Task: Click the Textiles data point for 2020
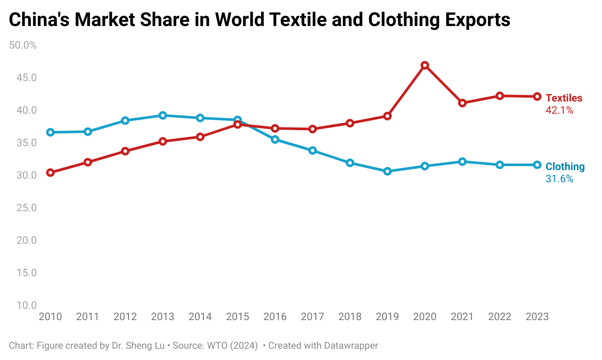(x=425, y=65)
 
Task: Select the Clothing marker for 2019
(x=387, y=171)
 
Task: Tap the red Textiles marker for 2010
(x=50, y=173)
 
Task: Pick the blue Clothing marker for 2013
(x=163, y=115)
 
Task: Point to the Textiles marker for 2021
(x=462, y=103)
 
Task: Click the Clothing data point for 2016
(x=275, y=139)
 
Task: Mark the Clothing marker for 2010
(x=50, y=132)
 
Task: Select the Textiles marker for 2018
(x=350, y=123)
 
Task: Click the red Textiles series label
(x=564, y=98)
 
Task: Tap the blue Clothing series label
(x=565, y=167)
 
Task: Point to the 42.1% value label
(x=559, y=111)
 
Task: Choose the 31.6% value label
(x=559, y=179)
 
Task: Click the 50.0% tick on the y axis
(x=23, y=45)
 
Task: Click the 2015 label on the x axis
(x=238, y=317)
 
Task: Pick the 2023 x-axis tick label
(x=537, y=317)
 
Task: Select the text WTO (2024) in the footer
(x=232, y=346)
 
